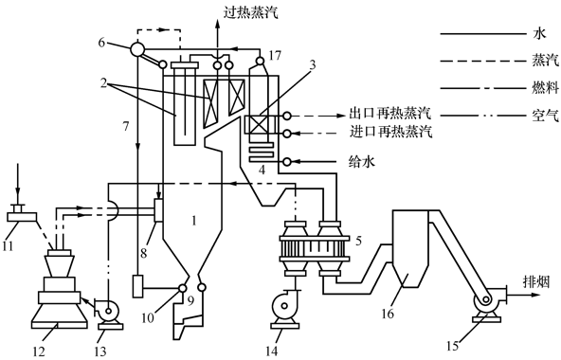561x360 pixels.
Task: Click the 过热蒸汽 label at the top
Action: pos(250,13)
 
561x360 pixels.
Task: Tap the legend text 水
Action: pos(539,34)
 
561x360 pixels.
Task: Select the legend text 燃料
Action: pos(545,88)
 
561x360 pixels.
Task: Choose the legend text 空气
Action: pos(545,116)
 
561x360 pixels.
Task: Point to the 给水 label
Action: pos(362,162)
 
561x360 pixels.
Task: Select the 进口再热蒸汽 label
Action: pos(390,132)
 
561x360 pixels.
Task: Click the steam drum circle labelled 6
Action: pos(136,48)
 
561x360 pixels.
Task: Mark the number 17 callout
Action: pos(274,56)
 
